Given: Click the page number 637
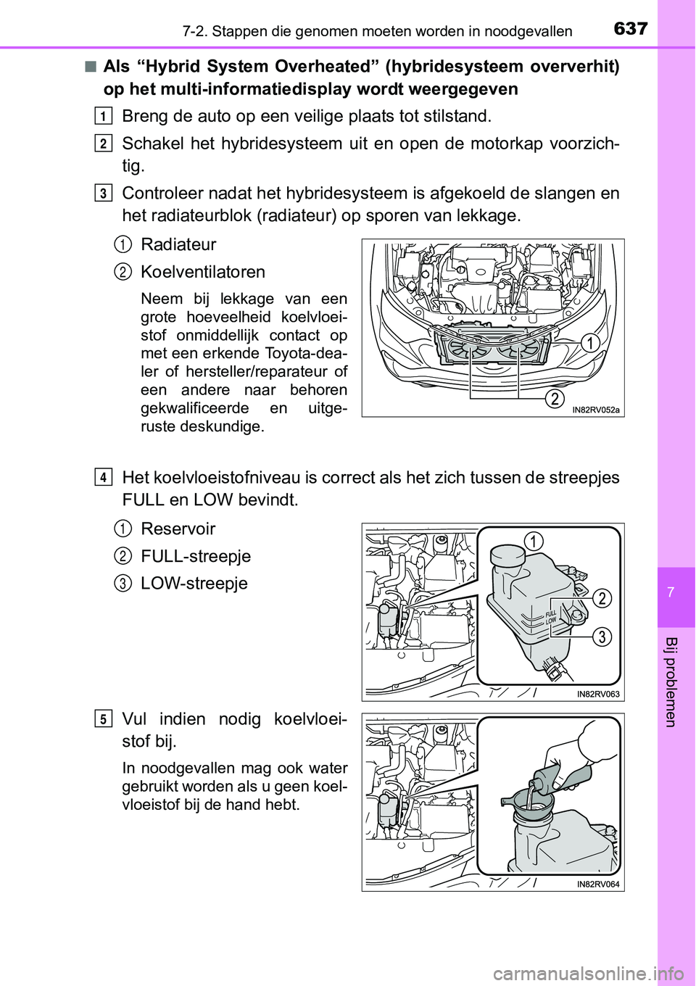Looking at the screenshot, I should pyautogui.click(x=630, y=28).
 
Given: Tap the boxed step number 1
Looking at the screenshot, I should pyautogui.click(x=104, y=117).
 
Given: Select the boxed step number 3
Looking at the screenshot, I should pyautogui.click(x=104, y=194).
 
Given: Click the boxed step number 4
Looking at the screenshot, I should pyautogui.click(x=104, y=478).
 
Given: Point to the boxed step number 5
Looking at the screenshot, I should pyautogui.click(x=104, y=719).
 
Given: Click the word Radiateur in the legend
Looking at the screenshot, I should pyautogui.click(x=178, y=245).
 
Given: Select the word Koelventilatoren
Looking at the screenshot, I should pyautogui.click(x=203, y=273).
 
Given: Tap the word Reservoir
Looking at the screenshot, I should pyautogui.click(x=178, y=529).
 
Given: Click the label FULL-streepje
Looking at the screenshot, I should pyautogui.click(x=196, y=557).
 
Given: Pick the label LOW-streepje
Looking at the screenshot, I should pyautogui.click(x=194, y=584).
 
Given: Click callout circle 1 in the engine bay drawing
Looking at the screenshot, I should pyautogui.click(x=590, y=343).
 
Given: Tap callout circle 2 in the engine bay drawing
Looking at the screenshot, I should pyautogui.click(x=555, y=398).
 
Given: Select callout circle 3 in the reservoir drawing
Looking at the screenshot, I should pyautogui.click(x=602, y=637).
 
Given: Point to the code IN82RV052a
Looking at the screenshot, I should pyautogui.click(x=596, y=410).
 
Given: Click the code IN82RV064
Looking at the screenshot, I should pyautogui.click(x=598, y=884).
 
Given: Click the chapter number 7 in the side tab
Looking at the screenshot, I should pyautogui.click(x=671, y=593).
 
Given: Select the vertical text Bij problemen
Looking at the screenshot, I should pyautogui.click(x=671, y=681).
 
